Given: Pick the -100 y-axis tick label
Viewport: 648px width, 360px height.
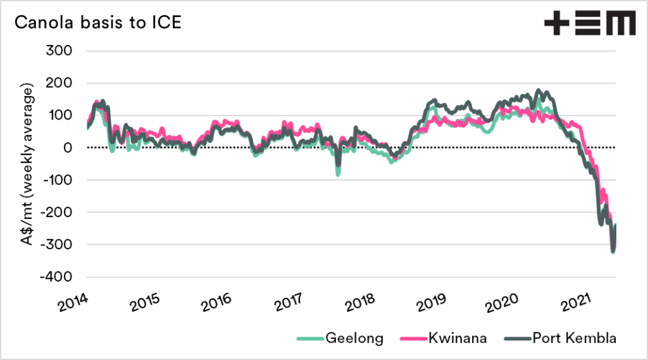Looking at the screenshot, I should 56,180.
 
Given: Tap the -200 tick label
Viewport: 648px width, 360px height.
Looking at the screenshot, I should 56,212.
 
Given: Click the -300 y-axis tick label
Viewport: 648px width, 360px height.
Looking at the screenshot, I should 56,244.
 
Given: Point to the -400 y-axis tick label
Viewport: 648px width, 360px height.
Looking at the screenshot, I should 56,277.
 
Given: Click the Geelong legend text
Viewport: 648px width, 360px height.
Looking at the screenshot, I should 354,338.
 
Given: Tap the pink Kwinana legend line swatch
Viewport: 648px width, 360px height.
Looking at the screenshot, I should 411,339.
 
